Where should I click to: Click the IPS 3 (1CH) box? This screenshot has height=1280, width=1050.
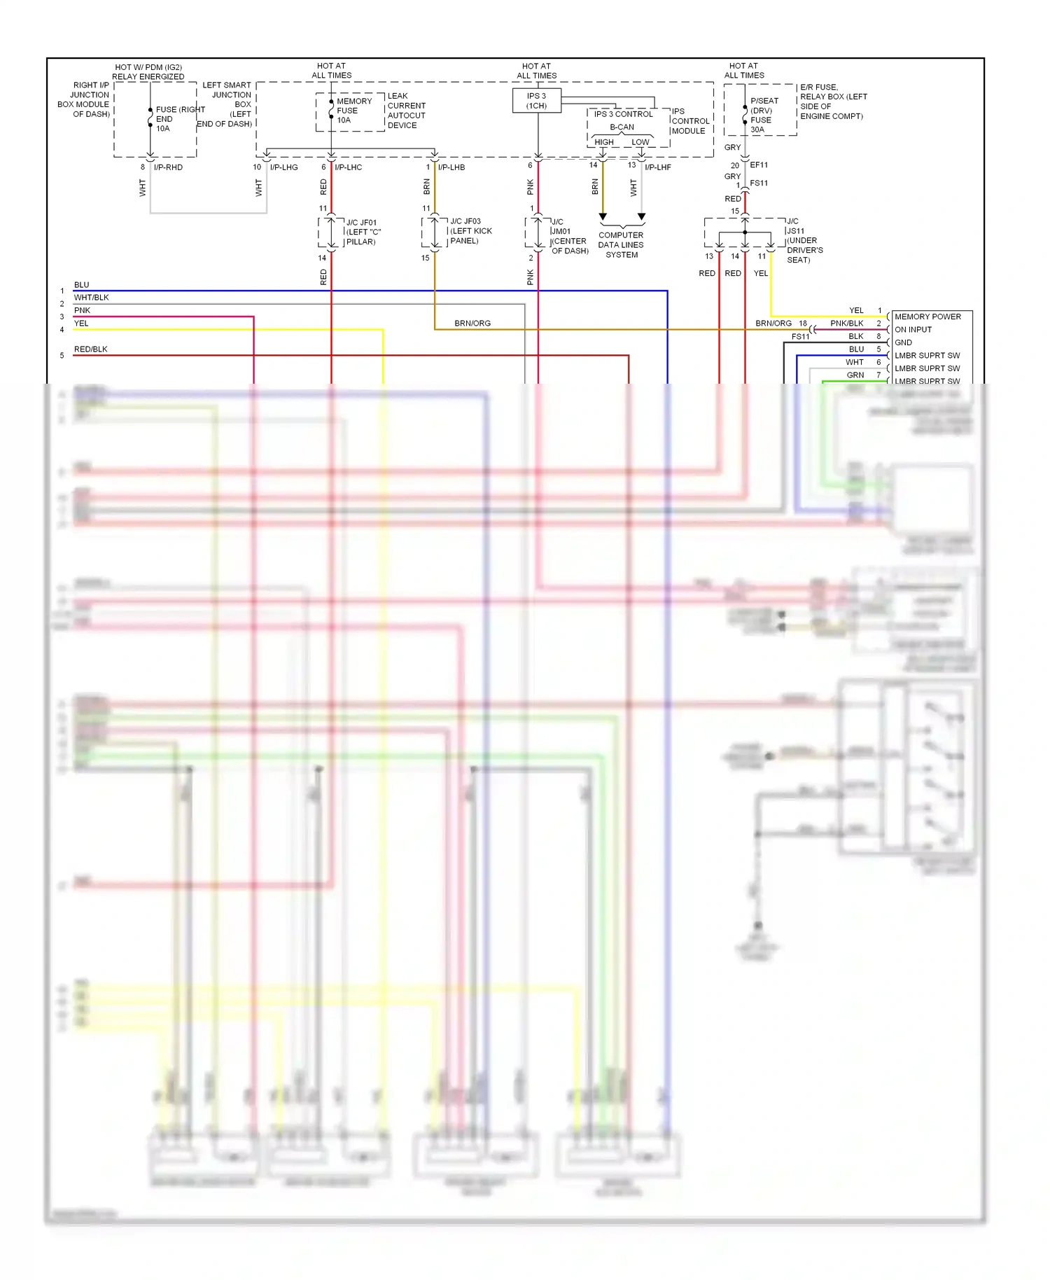point(536,101)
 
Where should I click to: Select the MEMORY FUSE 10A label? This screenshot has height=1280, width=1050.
point(353,111)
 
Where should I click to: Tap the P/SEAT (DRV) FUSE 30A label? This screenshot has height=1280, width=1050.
point(764,115)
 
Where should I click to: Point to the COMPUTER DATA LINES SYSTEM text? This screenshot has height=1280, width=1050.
point(621,245)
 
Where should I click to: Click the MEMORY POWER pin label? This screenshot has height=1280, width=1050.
point(927,316)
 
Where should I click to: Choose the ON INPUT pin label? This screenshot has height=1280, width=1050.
point(913,330)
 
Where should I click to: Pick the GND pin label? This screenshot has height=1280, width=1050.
point(903,342)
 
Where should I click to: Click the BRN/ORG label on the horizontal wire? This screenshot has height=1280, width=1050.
point(472,324)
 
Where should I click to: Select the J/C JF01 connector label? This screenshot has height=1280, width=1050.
point(363,232)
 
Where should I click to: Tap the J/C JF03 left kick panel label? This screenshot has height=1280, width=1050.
point(470,231)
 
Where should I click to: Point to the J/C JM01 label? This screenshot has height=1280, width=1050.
point(568,236)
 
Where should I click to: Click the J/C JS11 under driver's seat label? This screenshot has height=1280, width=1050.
point(804,240)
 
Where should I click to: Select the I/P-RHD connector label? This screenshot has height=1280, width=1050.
point(168,167)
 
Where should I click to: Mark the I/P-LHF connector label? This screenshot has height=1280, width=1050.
point(657,167)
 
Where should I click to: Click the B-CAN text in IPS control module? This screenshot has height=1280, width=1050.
point(622,127)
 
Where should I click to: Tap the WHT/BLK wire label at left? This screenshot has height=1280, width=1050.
point(91,298)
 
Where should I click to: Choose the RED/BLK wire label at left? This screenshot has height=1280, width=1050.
point(90,349)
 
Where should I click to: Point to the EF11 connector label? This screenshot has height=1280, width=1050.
point(759,165)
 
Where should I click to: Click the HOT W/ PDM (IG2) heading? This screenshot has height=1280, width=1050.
point(148,68)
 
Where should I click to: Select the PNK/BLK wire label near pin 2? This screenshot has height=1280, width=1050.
point(846,324)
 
